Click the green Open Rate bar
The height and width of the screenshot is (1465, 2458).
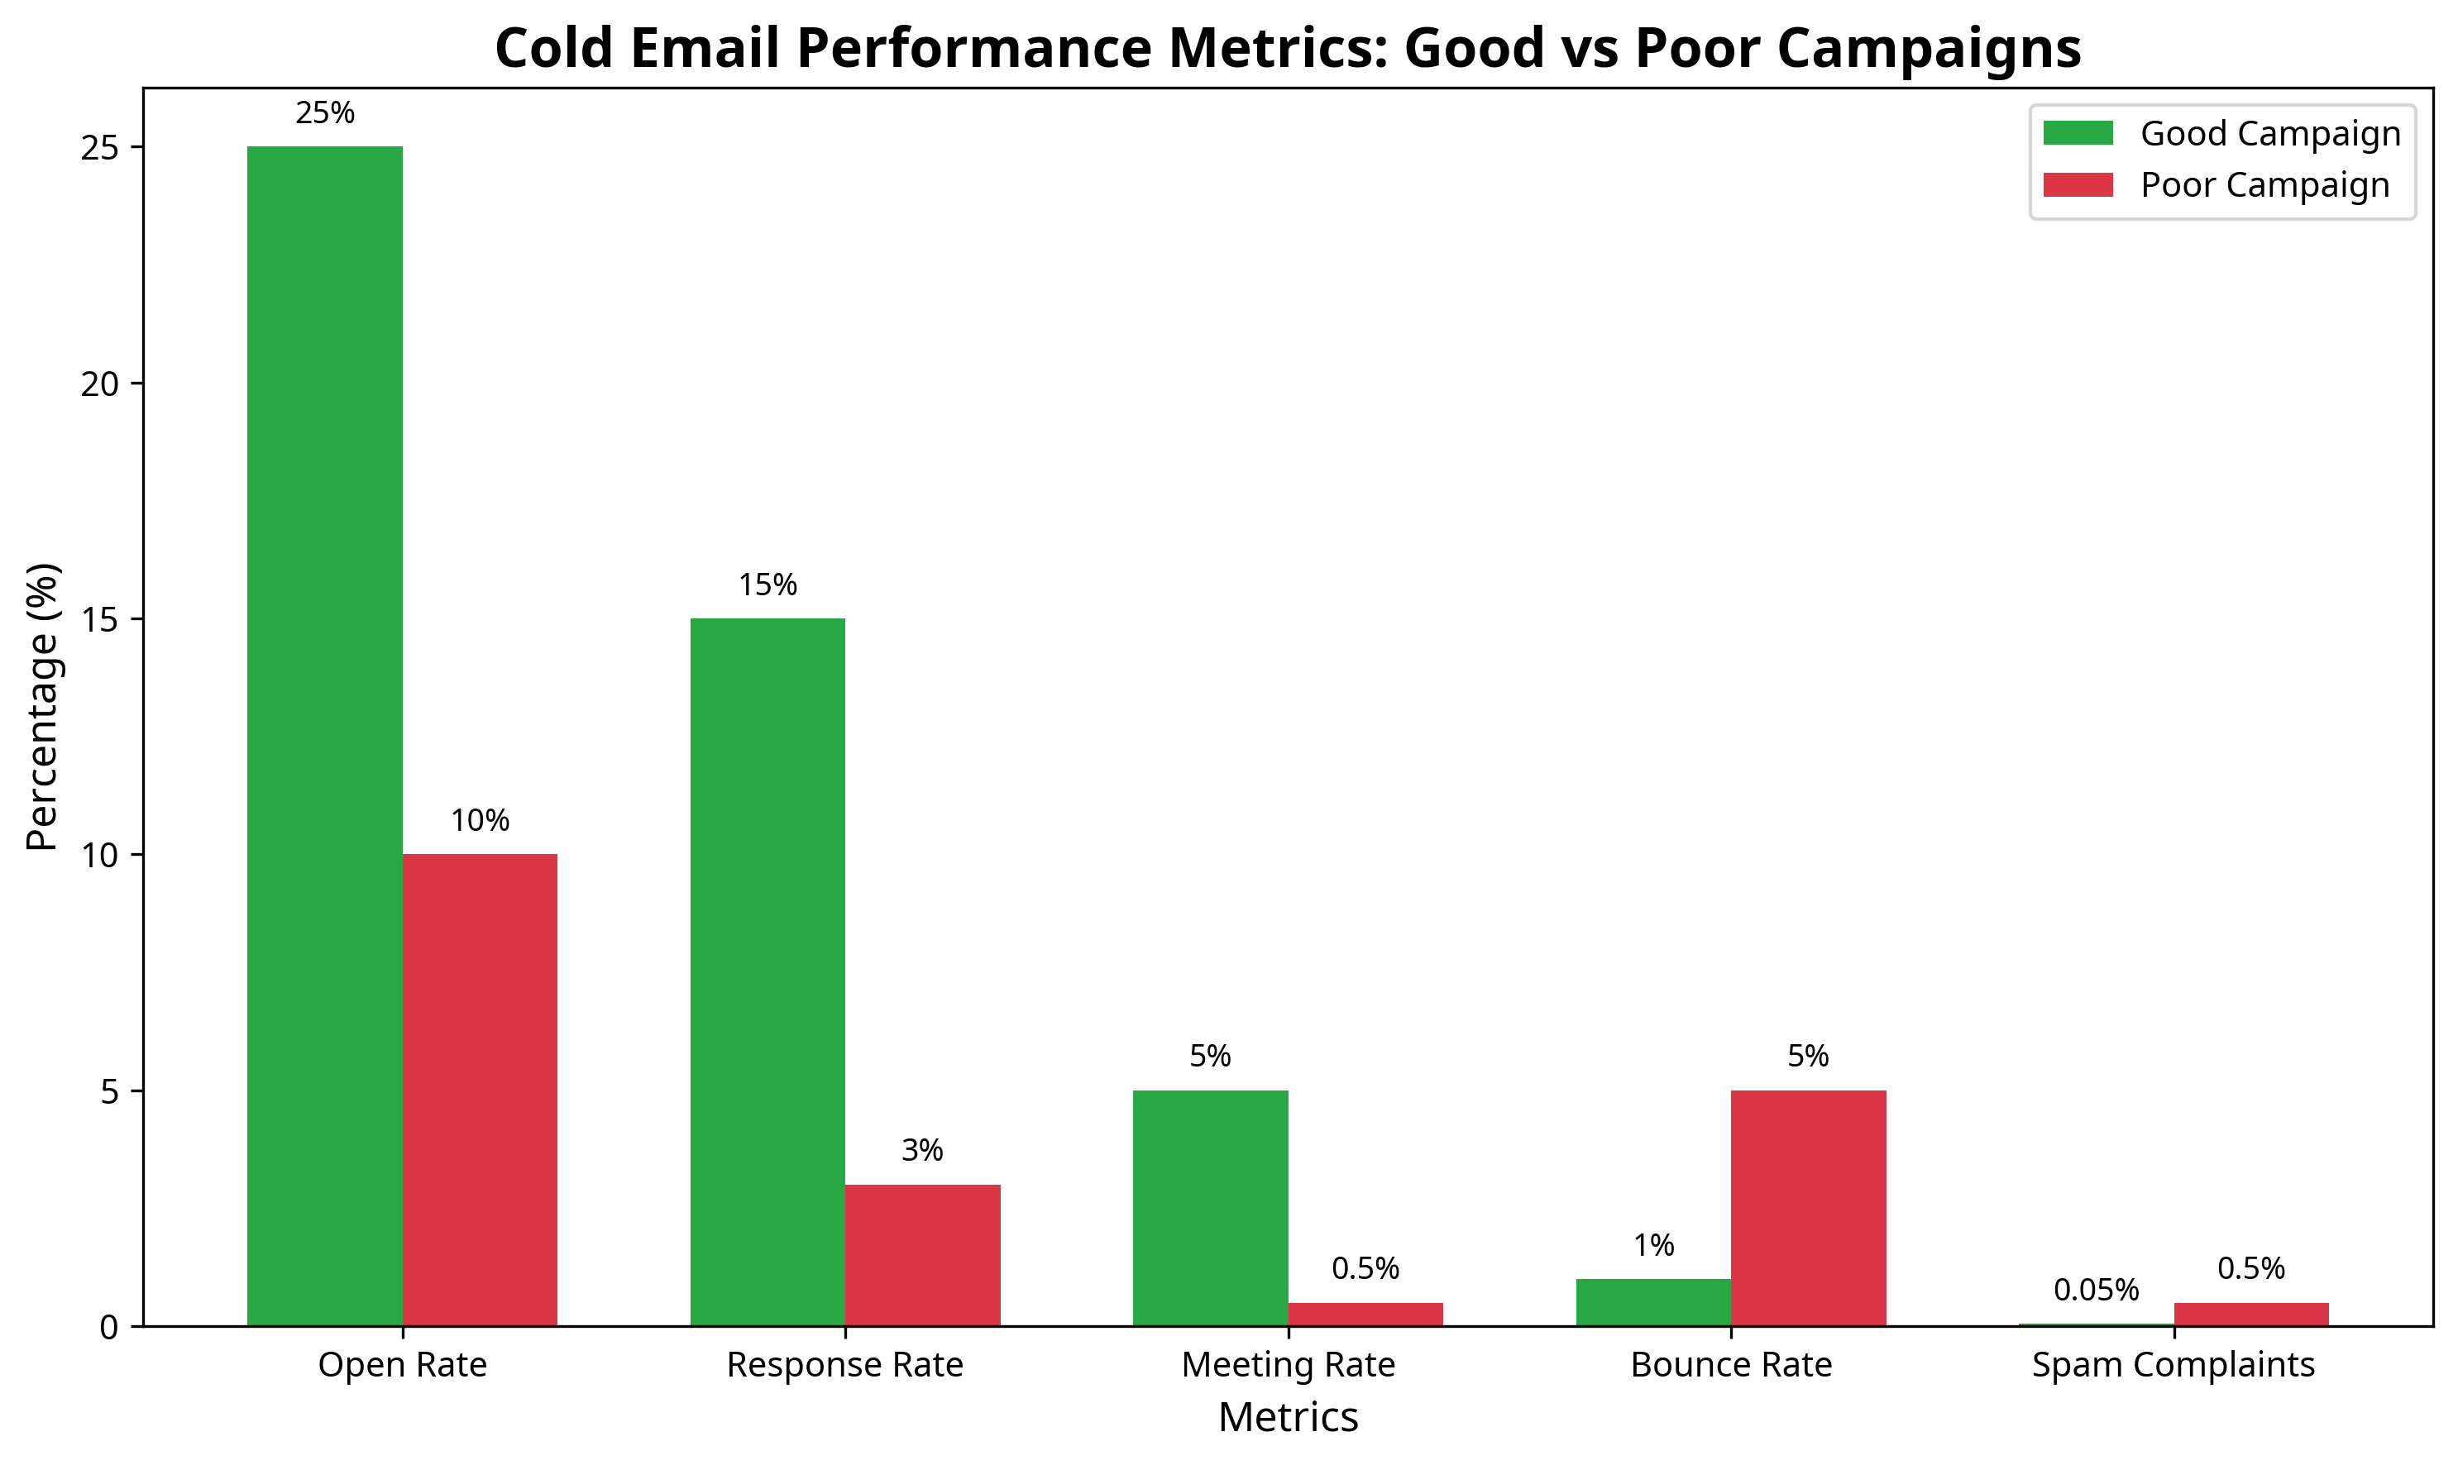324,736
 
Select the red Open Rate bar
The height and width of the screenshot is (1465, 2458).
479,1089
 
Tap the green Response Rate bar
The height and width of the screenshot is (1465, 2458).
768,971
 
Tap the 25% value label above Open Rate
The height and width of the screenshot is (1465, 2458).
325,113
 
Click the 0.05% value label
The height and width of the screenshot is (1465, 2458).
2096,1289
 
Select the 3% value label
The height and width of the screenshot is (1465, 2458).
922,1150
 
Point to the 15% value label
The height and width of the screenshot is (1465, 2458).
768,585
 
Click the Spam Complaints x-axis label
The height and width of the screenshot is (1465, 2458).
2173,1365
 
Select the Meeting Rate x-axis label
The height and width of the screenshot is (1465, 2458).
1288,1365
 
